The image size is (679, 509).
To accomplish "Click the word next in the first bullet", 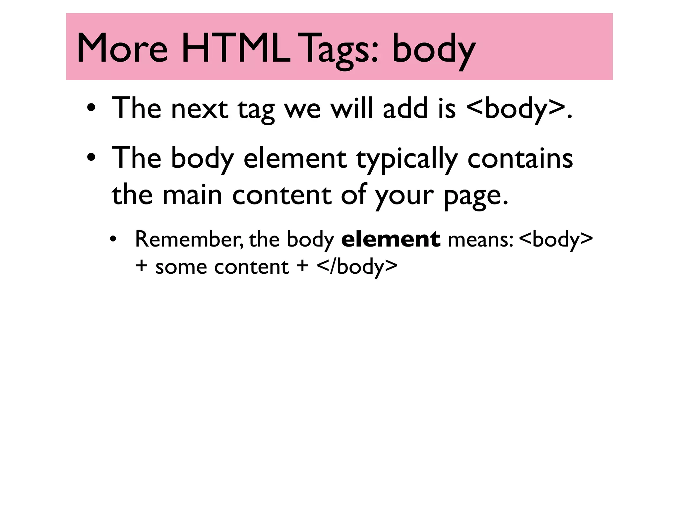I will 199,108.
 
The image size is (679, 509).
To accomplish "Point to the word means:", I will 481,239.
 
